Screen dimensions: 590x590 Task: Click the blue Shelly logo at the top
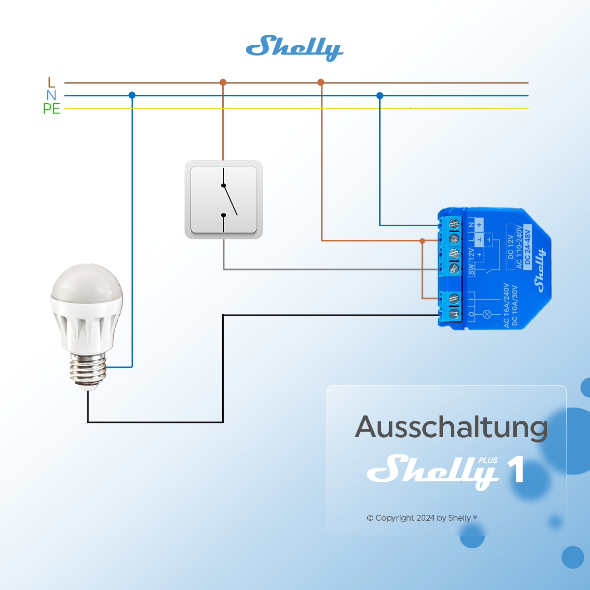click(294, 48)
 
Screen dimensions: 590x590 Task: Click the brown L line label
click(51, 83)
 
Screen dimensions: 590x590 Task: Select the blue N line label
click(51, 95)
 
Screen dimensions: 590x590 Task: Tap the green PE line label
click(51, 109)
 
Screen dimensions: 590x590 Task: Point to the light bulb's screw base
click(88, 370)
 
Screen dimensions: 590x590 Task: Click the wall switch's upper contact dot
click(223, 185)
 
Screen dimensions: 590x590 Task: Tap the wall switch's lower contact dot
click(223, 215)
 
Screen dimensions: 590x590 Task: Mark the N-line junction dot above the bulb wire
click(132, 95)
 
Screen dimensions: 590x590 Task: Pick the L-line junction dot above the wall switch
click(223, 82)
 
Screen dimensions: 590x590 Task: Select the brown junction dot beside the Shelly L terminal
click(422, 241)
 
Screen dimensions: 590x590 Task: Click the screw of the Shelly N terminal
click(454, 224)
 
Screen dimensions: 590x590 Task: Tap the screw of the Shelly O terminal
click(454, 313)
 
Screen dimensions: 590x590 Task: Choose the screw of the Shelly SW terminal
click(454, 268)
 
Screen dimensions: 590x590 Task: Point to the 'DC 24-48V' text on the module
click(528, 247)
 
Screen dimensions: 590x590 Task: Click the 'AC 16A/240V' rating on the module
click(506, 305)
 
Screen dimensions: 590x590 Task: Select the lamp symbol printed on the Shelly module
click(488, 314)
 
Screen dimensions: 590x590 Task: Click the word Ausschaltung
click(451, 427)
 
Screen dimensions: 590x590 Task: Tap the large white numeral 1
click(516, 470)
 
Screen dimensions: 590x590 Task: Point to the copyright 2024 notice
click(421, 518)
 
